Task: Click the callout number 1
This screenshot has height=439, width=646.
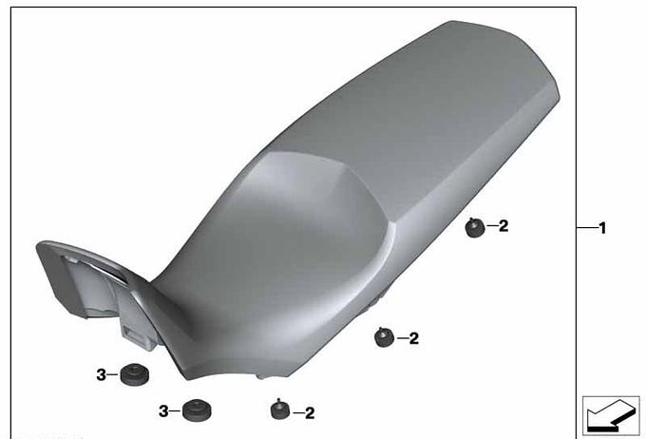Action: (602, 228)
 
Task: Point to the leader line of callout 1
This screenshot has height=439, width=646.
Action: (586, 227)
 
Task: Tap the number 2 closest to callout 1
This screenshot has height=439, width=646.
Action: (503, 225)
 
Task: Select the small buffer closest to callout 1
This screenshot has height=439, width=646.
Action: (475, 227)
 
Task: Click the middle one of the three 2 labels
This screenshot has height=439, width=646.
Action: (413, 338)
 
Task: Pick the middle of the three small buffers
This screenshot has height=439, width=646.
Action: (384, 336)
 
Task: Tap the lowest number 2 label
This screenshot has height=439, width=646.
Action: (310, 413)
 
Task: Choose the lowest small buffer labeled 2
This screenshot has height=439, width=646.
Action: (279, 410)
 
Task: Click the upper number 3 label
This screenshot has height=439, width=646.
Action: (101, 375)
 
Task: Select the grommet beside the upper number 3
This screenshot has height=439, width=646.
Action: (135, 374)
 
